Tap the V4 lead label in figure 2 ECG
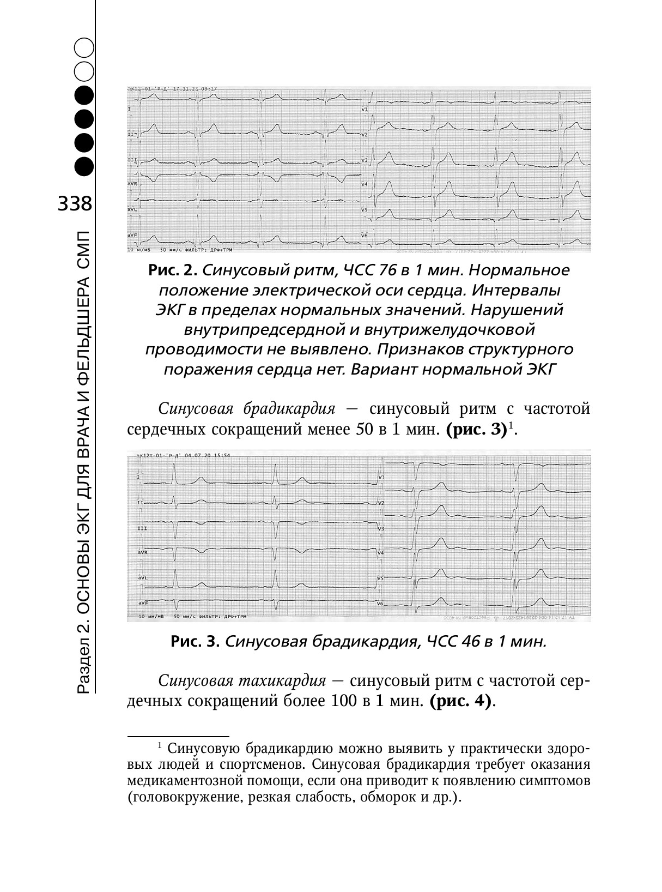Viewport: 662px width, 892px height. [365, 184]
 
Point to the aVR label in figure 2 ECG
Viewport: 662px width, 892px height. [132, 184]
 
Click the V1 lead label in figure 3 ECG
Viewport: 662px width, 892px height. [381, 477]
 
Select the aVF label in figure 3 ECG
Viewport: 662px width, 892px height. [142, 603]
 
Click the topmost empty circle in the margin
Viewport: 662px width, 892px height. [85, 47]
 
